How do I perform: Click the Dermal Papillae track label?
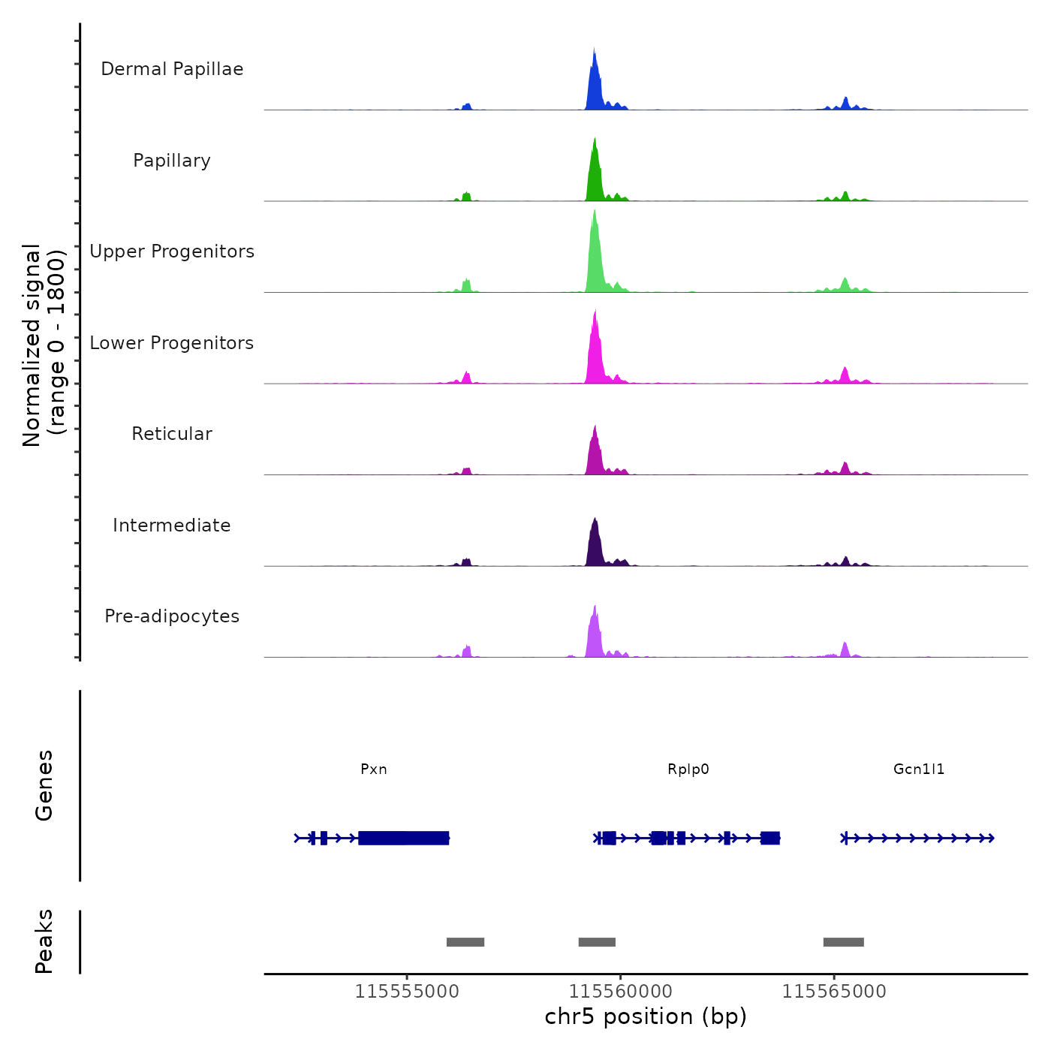(172, 69)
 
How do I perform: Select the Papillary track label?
(172, 161)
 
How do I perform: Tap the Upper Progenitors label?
(172, 251)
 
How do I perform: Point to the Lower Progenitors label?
(172, 343)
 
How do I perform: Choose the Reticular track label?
(172, 434)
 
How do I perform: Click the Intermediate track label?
(172, 525)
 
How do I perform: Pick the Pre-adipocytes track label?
(172, 616)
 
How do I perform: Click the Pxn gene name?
(374, 769)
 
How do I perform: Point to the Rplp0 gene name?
(688, 769)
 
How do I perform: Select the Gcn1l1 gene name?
(919, 769)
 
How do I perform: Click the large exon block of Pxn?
(404, 838)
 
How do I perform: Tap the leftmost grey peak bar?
(465, 942)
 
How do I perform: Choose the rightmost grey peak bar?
(844, 942)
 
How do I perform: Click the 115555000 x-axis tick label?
(407, 991)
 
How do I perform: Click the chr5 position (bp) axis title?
(646, 1016)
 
